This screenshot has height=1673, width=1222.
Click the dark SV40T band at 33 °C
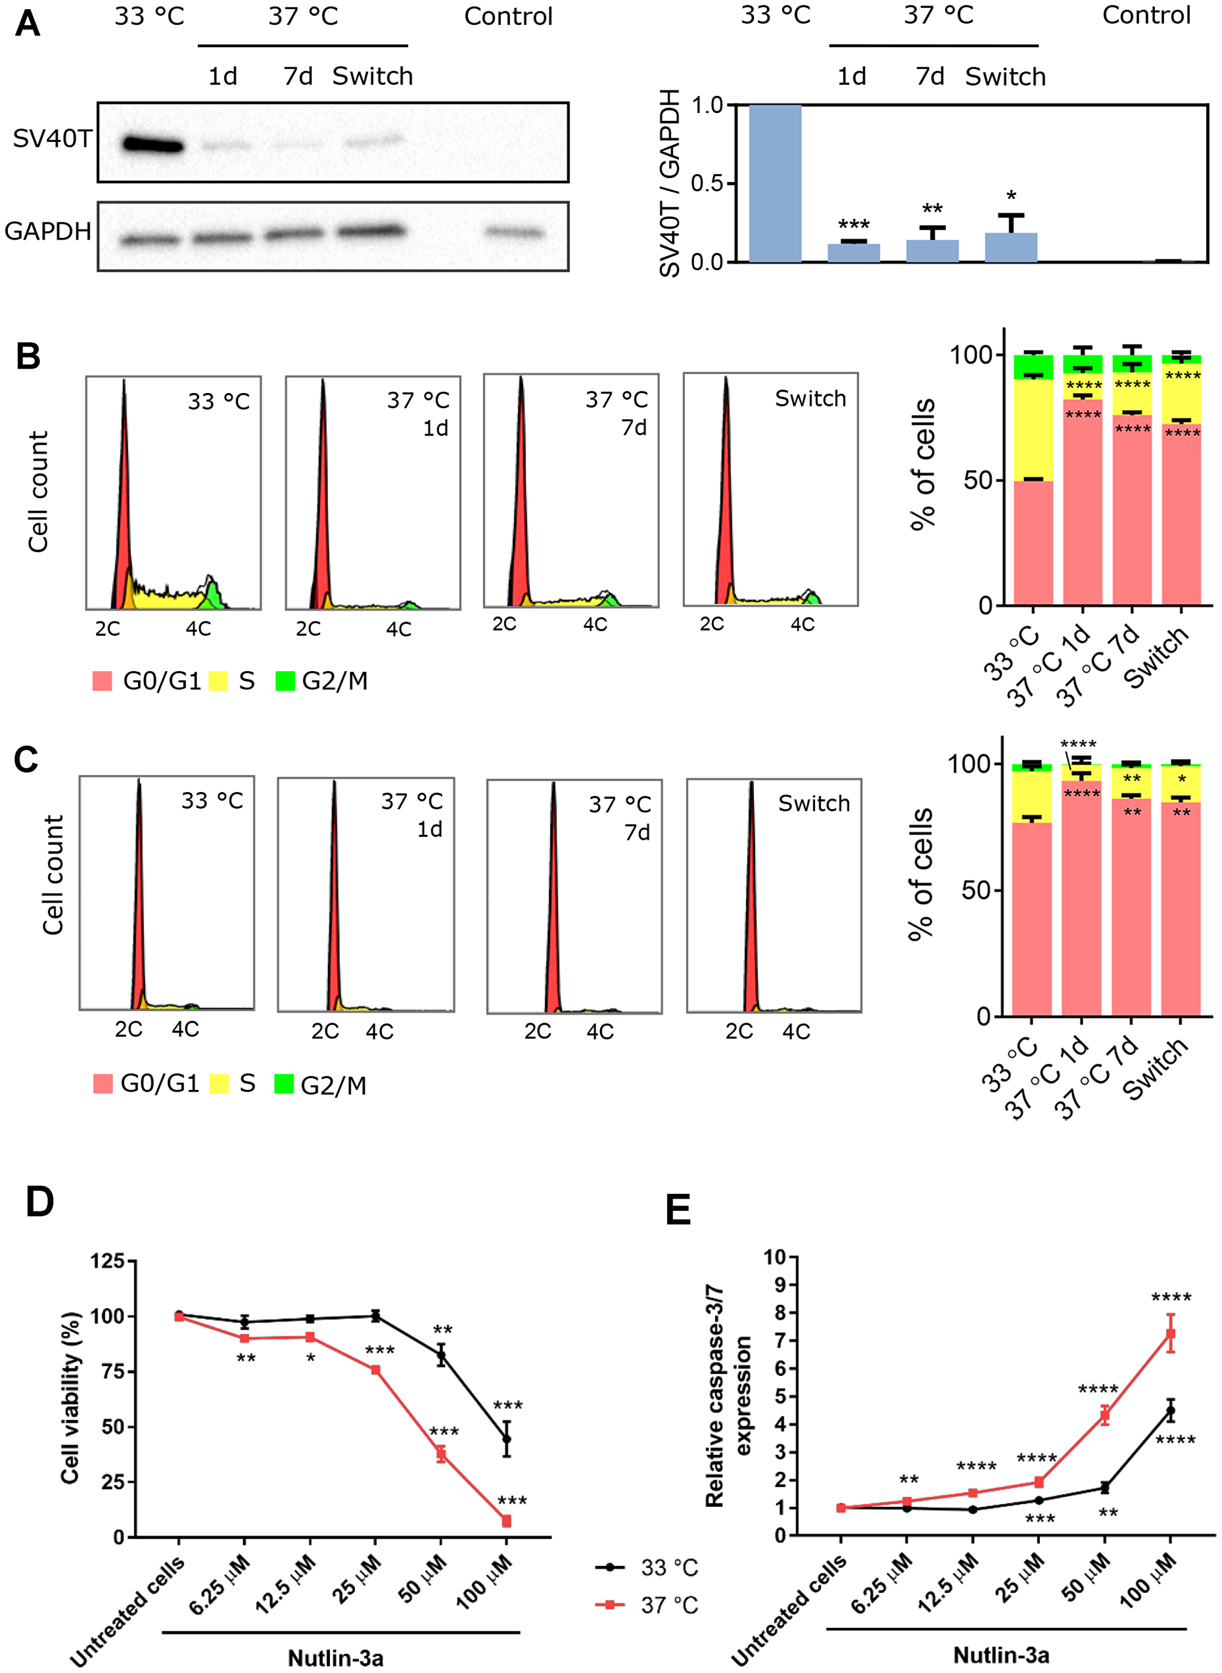152,144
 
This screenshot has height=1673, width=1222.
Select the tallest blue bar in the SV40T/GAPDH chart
775,183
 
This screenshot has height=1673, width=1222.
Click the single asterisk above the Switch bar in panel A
1011,196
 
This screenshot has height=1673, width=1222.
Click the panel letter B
28,356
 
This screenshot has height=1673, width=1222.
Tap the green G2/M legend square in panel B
285,681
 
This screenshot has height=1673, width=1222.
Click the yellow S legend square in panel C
219,1084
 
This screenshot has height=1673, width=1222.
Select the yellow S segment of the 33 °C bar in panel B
1033,429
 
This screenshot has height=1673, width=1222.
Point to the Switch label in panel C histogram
814,804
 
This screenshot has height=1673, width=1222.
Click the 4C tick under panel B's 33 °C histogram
198,629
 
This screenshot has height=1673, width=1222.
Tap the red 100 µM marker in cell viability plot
507,1521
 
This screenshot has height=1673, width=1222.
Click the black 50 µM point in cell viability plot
441,1356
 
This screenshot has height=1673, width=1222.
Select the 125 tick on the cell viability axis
108,1261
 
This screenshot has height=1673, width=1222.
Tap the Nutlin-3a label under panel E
1001,1655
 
